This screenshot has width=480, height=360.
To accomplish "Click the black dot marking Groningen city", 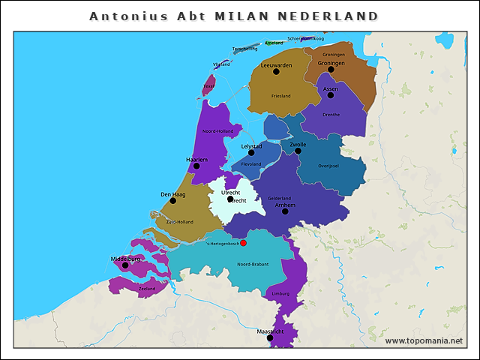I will tap(331, 70).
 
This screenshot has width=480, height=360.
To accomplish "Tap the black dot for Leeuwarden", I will tap(274, 73).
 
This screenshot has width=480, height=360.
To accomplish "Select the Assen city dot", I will tap(331, 95).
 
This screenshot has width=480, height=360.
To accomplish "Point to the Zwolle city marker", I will tap(298, 151).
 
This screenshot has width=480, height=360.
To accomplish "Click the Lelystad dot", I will tap(252, 152).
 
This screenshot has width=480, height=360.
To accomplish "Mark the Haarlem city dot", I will tap(196, 166).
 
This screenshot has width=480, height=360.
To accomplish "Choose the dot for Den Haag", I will tap(173, 201).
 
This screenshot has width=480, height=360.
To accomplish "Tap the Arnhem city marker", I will tap(285, 211).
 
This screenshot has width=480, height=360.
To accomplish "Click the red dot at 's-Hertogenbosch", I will tap(244, 242).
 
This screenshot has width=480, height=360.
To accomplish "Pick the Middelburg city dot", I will tap(125, 265).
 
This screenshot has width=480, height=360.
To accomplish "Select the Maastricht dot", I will tap(270, 337).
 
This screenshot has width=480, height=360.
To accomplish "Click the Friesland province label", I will tap(281, 96).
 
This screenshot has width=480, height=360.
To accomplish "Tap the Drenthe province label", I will tap(331, 115).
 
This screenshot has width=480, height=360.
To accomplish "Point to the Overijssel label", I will tap(328, 166).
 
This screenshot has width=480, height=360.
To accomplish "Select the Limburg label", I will tap(280, 293).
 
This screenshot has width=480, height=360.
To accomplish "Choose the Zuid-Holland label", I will tap(180, 222).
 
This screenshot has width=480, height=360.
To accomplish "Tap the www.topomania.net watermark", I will tap(424, 340).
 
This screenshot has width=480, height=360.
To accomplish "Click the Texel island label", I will tap(208, 86).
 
